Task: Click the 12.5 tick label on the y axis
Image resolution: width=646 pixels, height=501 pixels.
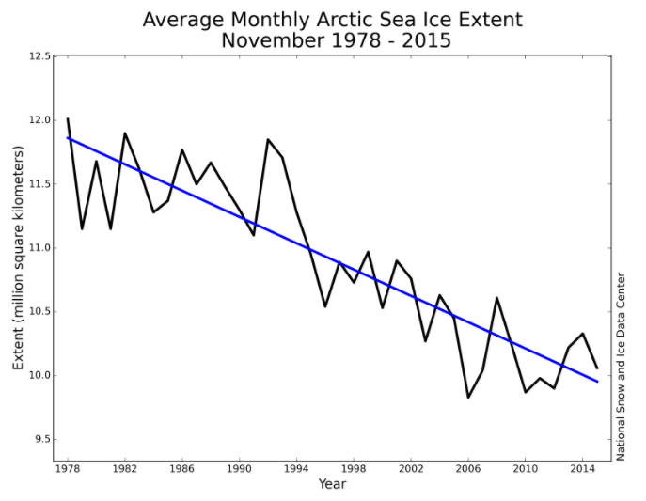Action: click(38, 57)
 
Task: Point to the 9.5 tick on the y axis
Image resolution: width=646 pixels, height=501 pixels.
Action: click(38, 440)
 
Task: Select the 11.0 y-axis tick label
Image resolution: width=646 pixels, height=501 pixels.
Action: click(38, 248)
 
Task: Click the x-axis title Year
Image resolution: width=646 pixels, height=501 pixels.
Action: click(332, 484)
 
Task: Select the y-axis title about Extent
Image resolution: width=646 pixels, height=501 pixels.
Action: click(17, 258)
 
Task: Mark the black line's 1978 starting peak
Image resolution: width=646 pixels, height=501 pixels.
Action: click(68, 119)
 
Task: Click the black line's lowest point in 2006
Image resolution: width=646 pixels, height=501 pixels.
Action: click(468, 397)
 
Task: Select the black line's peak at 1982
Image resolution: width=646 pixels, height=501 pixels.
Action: click(125, 133)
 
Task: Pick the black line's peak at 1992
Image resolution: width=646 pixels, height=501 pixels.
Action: click(268, 139)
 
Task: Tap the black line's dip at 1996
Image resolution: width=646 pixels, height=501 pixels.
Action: click(325, 306)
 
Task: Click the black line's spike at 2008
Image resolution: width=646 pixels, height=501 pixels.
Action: click(496, 298)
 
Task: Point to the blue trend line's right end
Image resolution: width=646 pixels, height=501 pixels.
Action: click(597, 381)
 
